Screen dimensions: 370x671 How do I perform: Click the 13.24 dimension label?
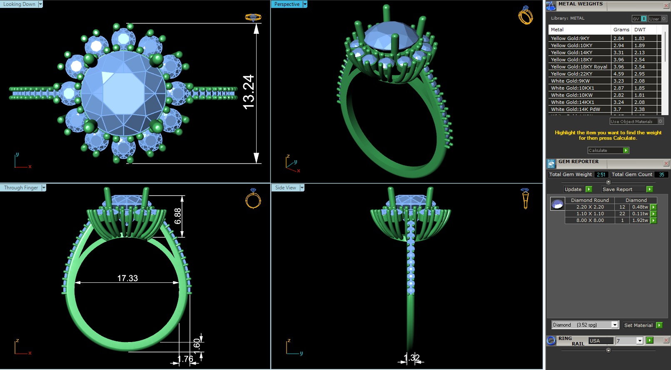click(248, 92)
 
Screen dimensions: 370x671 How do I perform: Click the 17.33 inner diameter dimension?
click(127, 278)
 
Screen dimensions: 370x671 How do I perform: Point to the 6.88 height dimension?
click(178, 216)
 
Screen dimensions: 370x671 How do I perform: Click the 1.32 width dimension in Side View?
click(412, 357)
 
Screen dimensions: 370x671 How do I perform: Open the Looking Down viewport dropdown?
click(40, 4)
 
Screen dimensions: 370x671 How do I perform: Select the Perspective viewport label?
click(287, 4)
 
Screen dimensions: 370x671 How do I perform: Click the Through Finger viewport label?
click(21, 188)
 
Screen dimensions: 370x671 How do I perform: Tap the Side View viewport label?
click(285, 188)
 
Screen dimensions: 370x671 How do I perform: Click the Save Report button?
click(617, 189)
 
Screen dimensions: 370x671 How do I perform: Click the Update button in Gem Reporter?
click(573, 189)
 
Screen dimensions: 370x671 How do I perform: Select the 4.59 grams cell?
click(619, 74)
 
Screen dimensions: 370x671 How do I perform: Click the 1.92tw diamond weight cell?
click(640, 220)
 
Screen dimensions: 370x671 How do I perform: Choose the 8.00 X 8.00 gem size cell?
click(590, 220)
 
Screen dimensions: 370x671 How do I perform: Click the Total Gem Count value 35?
click(661, 175)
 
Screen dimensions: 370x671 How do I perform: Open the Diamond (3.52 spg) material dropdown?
click(614, 325)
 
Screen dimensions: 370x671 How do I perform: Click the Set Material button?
click(638, 325)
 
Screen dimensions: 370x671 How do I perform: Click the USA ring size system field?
click(601, 341)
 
